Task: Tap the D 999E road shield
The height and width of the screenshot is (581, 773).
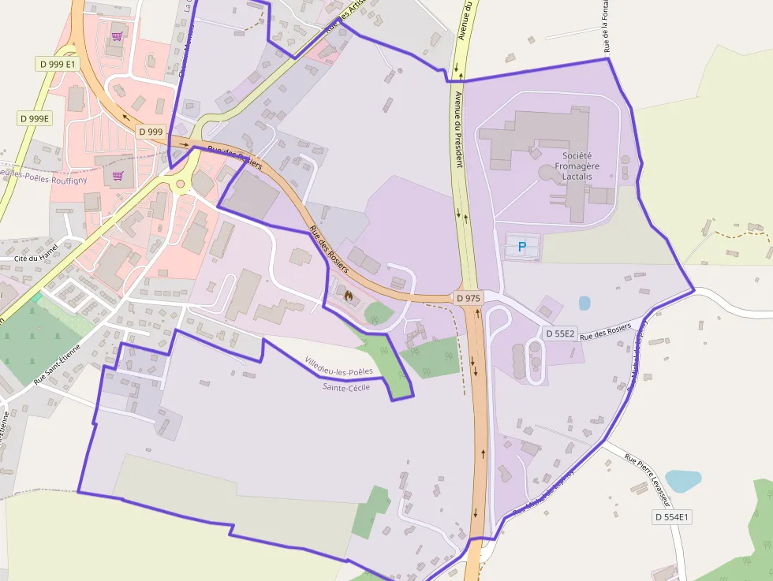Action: [x=34, y=118]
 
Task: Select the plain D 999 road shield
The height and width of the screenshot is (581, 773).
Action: [x=151, y=132]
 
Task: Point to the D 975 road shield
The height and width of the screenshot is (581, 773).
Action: [x=469, y=298]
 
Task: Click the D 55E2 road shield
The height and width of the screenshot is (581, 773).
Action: [x=559, y=333]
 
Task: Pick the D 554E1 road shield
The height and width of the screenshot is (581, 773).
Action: [x=672, y=517]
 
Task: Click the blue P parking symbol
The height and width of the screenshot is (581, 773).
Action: [x=521, y=247]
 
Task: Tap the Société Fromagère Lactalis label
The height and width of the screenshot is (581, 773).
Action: [x=577, y=166]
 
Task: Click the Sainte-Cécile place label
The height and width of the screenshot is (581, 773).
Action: [x=346, y=387]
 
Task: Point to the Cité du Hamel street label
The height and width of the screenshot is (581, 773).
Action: [x=36, y=258]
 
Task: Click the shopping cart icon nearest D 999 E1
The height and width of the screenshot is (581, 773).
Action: [x=118, y=36]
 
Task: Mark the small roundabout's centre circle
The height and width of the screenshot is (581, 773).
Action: [x=180, y=184]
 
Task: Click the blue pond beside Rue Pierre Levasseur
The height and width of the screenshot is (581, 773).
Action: [x=682, y=480]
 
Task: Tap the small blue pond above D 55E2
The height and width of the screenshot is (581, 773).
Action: [x=584, y=303]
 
